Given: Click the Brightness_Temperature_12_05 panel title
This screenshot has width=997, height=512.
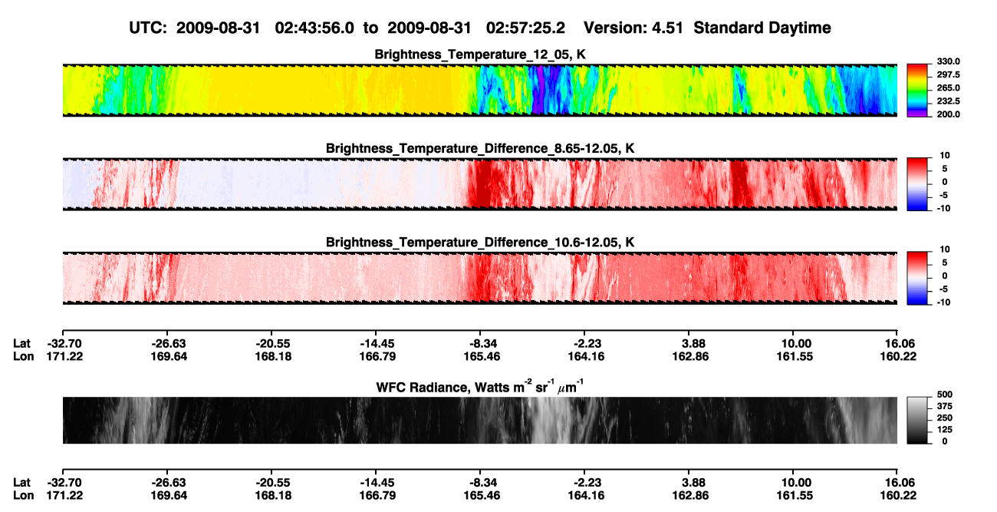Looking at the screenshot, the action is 480,55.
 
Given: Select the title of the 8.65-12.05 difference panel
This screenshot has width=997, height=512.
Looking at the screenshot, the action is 480,148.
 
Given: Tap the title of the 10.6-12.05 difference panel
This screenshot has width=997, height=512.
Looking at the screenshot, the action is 480,243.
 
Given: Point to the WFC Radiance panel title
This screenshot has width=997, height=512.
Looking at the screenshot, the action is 480,386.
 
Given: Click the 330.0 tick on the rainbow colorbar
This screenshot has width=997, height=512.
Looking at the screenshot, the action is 948,61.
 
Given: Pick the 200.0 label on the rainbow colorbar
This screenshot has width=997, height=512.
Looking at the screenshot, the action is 948,114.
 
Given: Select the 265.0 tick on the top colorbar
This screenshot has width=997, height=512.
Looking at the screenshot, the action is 948,88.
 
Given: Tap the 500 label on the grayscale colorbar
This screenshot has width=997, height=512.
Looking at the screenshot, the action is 945,395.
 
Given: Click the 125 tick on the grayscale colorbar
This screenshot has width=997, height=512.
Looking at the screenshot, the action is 945,430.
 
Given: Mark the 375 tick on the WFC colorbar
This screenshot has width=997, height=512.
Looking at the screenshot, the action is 945,406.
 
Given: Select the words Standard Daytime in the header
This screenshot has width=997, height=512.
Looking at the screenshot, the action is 762,28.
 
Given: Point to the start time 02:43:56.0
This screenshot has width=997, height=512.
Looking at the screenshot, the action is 314,28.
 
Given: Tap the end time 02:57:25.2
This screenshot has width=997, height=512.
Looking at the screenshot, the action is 525,28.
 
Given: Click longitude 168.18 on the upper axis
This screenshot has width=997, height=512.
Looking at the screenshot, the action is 273,356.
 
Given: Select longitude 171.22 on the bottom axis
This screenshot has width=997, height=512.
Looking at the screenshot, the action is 64,496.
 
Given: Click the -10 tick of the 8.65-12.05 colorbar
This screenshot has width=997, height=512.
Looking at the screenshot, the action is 945,208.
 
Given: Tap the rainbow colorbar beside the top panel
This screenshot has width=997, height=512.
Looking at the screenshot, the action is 917,91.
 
